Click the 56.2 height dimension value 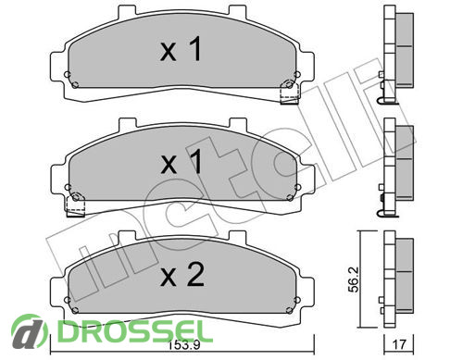point(355,279)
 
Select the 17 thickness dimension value point(398,344)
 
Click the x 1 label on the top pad point(181,49)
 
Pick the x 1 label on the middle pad point(181,162)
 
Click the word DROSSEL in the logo point(131,331)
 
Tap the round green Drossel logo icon point(29,332)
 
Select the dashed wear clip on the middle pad point(76,205)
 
